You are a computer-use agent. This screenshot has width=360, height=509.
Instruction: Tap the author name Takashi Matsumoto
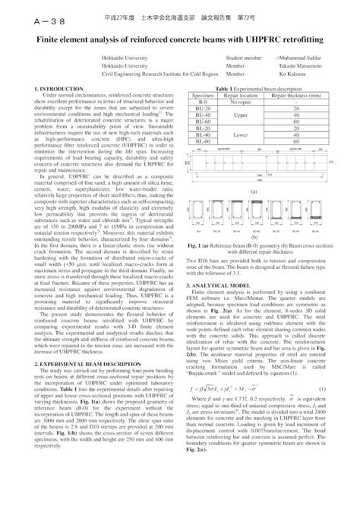tap(303, 65)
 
